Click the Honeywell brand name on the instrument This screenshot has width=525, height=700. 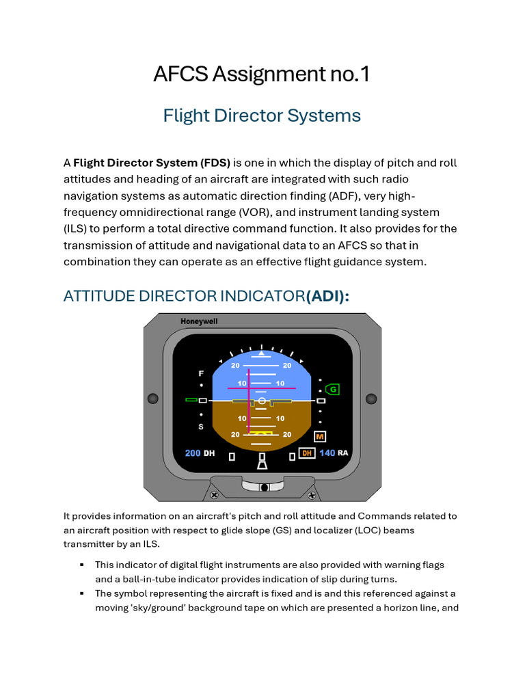coord(199,321)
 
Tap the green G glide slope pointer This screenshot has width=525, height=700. coord(333,389)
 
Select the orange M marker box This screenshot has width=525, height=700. coord(320,436)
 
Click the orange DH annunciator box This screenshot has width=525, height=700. coord(307,453)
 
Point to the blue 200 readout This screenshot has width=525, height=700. coord(193,453)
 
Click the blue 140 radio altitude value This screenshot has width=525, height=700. coord(327,453)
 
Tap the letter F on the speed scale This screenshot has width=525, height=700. coord(201,374)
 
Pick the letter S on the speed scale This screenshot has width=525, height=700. coord(201,427)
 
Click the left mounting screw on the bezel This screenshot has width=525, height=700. coord(153,399)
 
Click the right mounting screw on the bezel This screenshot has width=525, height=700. coord(371,399)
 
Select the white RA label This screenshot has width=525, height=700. coord(342,453)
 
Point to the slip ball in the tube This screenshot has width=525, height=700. coord(263,487)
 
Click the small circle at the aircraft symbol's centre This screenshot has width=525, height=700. coord(262,400)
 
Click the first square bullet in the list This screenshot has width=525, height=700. coord(81,565)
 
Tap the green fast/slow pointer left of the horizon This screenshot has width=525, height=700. coord(191,399)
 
